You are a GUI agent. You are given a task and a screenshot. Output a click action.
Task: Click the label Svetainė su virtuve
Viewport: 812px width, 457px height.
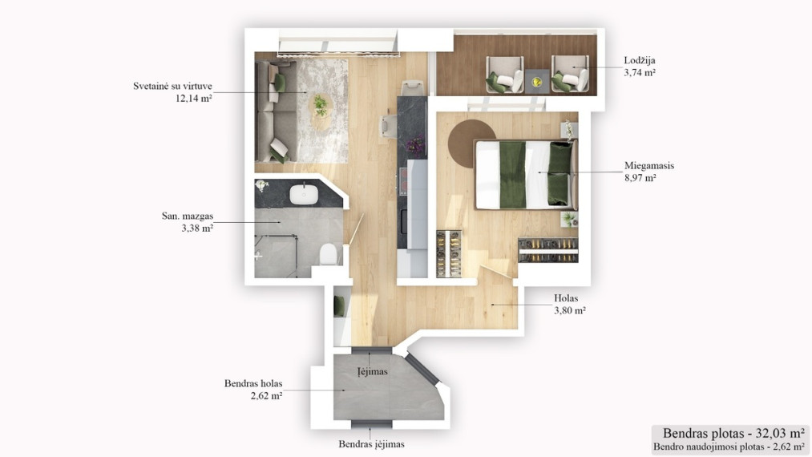[x=172, y=86]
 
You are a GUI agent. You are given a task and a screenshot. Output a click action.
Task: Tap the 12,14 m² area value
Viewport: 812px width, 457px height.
[x=194, y=98]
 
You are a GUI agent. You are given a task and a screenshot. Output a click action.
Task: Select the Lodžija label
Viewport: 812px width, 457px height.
[x=640, y=61]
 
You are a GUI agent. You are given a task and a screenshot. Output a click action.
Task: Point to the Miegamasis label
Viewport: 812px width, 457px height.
[x=649, y=166]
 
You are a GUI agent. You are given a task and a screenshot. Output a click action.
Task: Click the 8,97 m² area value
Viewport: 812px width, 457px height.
[x=640, y=178]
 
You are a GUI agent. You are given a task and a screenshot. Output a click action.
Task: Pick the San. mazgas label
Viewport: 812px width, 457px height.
[x=188, y=216]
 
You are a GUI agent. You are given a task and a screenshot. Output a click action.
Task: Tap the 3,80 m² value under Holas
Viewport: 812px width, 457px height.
[x=570, y=310]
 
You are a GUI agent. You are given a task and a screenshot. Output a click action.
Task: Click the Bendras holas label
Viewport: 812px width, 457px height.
[x=253, y=383]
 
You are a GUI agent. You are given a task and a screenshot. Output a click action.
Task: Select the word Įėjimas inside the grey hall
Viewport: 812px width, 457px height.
[x=373, y=371]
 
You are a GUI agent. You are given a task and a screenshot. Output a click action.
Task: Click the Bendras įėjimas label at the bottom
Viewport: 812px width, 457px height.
[x=371, y=444]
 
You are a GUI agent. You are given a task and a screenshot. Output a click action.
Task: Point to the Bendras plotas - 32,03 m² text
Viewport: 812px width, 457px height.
[x=733, y=433]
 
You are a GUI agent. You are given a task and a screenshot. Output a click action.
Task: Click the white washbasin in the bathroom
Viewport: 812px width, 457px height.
[x=304, y=194]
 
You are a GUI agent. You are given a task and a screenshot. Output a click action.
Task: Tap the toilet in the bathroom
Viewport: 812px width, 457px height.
[x=329, y=254]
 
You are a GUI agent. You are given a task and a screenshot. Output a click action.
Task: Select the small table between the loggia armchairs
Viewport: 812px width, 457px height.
[x=538, y=81]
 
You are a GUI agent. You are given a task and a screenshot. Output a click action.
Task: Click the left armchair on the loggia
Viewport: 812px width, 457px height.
[x=504, y=75]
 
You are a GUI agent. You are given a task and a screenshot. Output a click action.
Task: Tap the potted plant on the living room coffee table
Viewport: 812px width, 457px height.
[x=321, y=105]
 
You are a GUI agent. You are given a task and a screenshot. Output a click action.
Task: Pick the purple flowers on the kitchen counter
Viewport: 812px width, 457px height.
[x=415, y=146]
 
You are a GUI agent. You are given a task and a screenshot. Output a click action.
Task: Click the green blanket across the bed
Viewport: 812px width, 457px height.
[x=513, y=175]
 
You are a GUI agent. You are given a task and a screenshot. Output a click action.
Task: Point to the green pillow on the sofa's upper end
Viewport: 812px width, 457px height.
[x=280, y=83]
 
